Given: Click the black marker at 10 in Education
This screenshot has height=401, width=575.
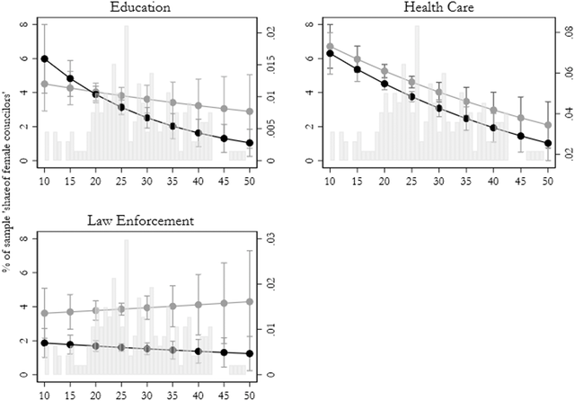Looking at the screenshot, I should [44, 58].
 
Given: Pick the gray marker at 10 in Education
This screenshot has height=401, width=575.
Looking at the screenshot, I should [44, 85].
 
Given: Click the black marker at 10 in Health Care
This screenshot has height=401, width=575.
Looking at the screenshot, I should [331, 53].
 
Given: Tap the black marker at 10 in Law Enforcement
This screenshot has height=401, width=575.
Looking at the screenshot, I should [44, 343].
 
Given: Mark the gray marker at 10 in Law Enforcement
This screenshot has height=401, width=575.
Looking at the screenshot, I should [44, 313].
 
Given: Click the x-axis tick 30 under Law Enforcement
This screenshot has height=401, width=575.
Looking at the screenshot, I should [147, 394].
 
